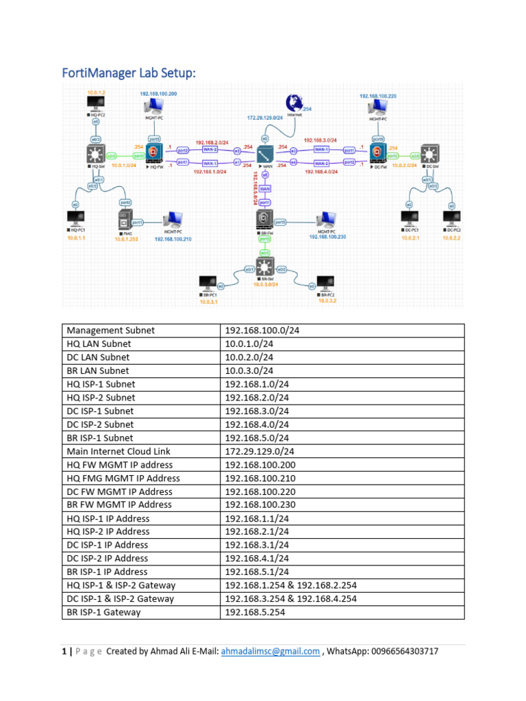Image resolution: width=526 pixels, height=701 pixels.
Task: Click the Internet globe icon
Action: (x=295, y=103)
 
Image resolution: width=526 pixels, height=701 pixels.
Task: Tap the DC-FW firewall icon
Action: (x=376, y=152)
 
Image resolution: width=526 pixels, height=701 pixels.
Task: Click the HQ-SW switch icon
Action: (x=93, y=154)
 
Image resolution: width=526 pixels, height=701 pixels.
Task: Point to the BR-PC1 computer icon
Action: (x=207, y=282)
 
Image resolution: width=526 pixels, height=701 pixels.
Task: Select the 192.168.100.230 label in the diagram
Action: (x=327, y=237)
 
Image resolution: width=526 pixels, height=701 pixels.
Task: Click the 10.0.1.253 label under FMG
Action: (x=127, y=239)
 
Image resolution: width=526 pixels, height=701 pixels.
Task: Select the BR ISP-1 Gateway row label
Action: (x=104, y=612)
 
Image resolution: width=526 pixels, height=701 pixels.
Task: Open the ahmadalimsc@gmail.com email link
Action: (x=270, y=651)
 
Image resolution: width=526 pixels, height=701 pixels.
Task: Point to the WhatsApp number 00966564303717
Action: (x=401, y=651)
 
